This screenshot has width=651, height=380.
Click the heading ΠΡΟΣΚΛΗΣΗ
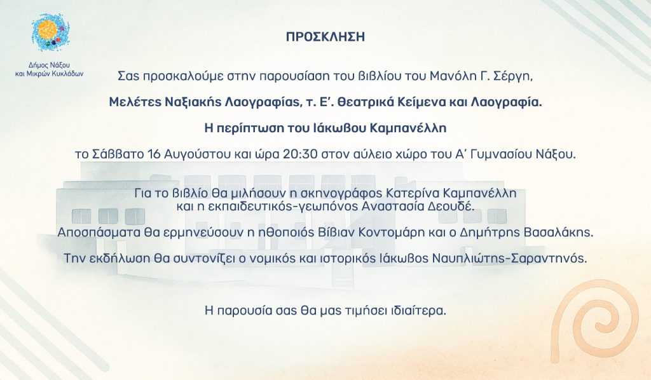[x=325, y=36]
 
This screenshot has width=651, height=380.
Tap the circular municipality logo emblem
[x=50, y=32]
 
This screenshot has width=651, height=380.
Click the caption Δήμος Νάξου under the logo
[x=49, y=65]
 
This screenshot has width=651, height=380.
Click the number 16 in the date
[x=154, y=154]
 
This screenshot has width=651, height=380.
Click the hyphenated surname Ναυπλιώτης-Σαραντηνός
[x=510, y=258]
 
